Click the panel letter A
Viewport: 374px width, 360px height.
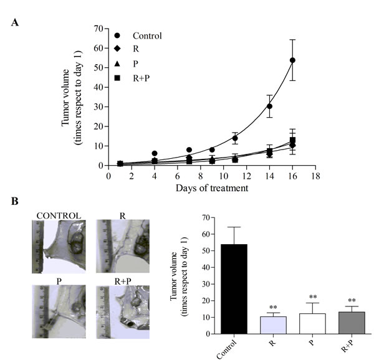16,23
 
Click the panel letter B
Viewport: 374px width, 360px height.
16,202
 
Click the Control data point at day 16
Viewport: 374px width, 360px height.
292,60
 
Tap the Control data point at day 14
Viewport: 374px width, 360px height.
270,107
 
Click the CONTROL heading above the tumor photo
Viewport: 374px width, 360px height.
58,216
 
